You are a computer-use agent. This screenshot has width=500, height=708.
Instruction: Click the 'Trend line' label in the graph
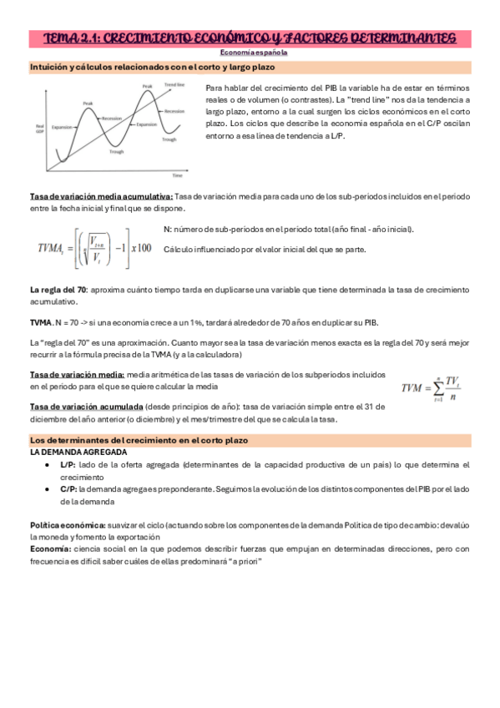[174, 85]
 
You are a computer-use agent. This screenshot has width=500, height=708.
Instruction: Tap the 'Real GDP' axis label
[39, 129]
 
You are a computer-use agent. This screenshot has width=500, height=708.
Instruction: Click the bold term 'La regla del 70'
[58, 289]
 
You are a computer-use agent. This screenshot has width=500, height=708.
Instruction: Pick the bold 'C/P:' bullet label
[70, 489]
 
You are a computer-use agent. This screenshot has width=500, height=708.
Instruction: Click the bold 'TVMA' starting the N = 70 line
[41, 321]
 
